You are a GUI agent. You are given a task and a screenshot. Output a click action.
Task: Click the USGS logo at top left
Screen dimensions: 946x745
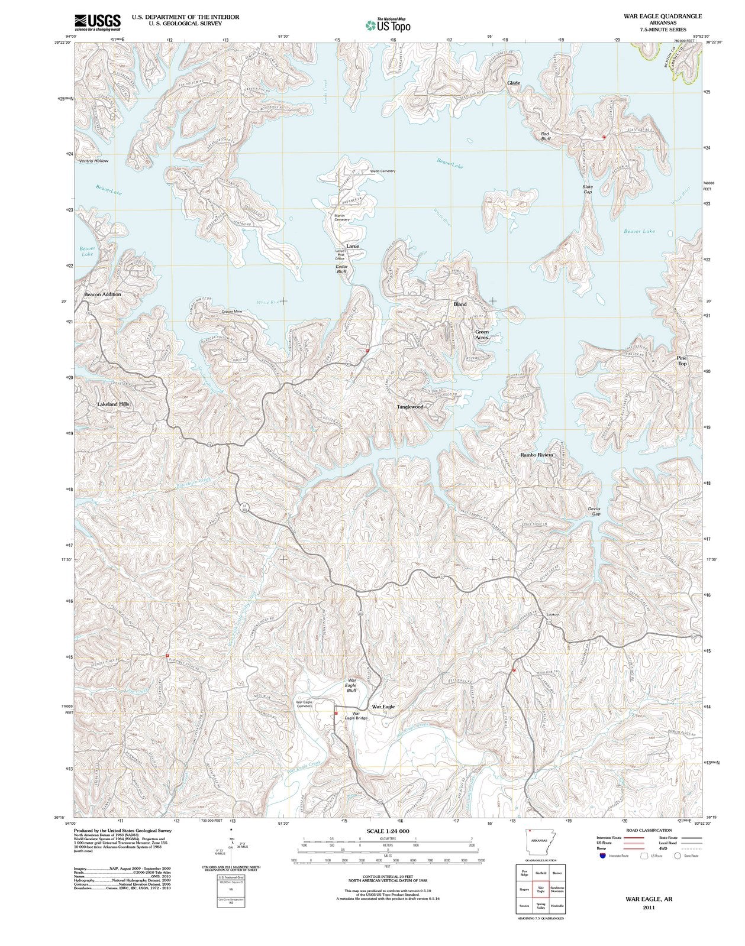click(98, 22)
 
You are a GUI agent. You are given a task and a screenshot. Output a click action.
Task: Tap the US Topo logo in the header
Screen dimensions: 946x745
click(388, 25)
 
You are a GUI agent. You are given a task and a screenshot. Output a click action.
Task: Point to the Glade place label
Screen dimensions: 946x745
click(513, 83)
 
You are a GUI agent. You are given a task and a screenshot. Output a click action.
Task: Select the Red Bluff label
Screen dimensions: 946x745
click(545, 137)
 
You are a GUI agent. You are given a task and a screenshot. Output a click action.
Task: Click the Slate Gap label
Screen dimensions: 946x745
click(587, 189)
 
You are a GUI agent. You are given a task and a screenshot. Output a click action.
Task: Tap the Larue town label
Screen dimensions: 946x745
click(353, 246)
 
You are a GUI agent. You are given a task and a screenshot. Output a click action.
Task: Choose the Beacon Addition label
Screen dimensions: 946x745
click(102, 294)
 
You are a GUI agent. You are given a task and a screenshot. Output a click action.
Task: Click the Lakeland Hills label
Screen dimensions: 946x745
click(113, 404)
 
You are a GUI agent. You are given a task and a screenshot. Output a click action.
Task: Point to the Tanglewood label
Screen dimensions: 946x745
click(410, 407)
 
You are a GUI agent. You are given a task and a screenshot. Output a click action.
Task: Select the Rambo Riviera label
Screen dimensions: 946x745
click(536, 455)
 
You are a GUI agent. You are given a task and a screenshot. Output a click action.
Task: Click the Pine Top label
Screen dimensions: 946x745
click(682, 361)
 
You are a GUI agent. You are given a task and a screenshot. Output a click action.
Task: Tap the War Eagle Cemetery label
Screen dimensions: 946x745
click(304, 704)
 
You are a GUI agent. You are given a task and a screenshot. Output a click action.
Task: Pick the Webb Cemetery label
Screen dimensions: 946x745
click(382, 171)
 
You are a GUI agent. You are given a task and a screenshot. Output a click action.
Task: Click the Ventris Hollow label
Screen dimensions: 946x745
click(93, 161)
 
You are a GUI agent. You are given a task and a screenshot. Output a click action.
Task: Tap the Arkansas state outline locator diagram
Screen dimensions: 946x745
click(538, 842)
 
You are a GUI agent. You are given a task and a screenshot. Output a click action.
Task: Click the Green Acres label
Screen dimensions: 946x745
click(482, 335)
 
